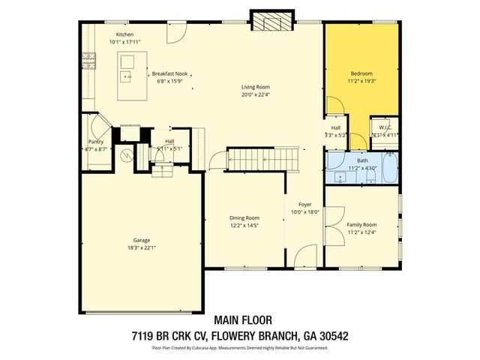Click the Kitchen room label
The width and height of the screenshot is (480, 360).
pyautogui.click(x=124, y=34)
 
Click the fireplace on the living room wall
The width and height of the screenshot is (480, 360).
pyautogui.click(x=268, y=20)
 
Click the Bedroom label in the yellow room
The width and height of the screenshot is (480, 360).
pyautogui.click(x=361, y=73)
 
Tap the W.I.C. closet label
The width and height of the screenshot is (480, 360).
pyautogui.click(x=385, y=127)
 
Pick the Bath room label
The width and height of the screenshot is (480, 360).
pyautogui.click(x=362, y=160)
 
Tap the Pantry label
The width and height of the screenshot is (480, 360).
pyautogui.click(x=95, y=141)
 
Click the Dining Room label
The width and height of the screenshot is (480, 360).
pyautogui.click(x=244, y=218)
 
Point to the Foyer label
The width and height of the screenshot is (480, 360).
pyautogui.click(x=305, y=204)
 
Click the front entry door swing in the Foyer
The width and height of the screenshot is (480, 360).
pyautogui.click(x=305, y=255)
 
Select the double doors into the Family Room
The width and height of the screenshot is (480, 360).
pyautogui.click(x=334, y=223)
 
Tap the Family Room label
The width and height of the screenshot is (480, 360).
pyautogui.click(x=361, y=224)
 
